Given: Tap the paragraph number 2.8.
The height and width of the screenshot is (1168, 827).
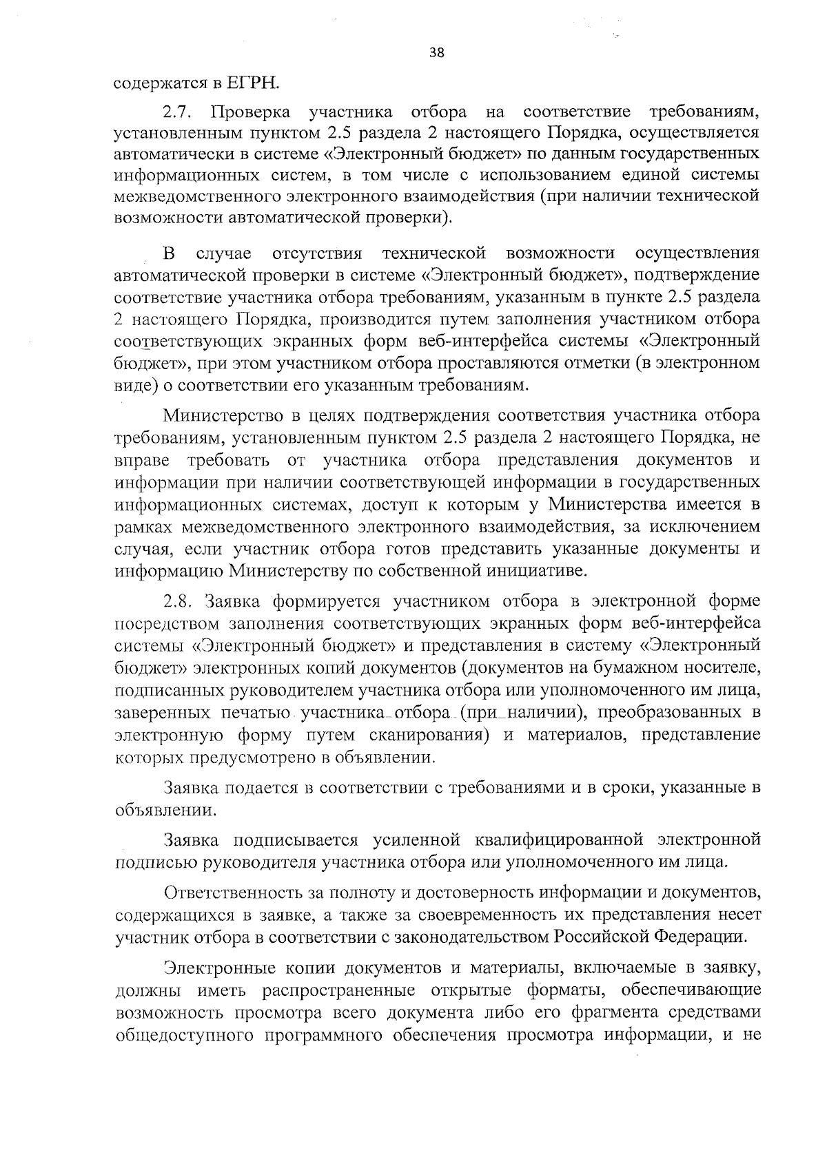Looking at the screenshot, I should (181, 601).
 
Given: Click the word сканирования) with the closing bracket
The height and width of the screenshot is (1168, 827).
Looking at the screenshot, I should (428, 736).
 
